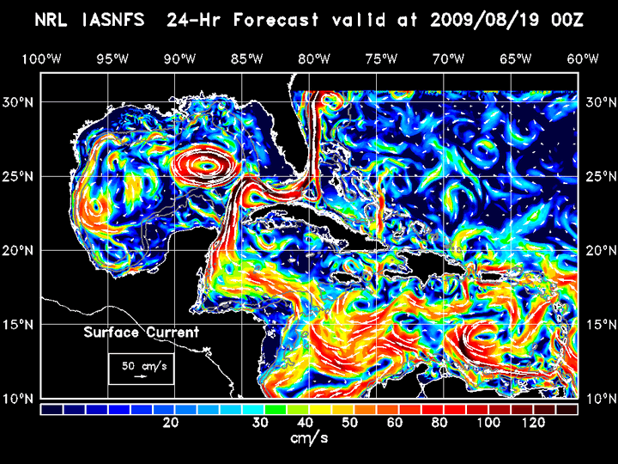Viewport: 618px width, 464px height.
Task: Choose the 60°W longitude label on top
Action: (583, 58)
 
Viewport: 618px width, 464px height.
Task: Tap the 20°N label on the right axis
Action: (598, 250)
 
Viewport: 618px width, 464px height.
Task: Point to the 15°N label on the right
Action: (598, 324)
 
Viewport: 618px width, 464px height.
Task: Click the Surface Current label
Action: (141, 333)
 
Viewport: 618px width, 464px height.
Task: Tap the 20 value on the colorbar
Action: (171, 423)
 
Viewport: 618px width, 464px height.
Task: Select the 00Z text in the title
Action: (566, 20)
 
